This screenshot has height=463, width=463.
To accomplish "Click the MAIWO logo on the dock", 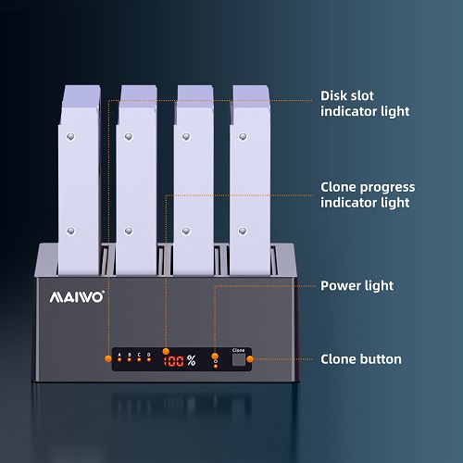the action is pos(77,297).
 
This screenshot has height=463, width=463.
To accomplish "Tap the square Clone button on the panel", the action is pos(239,359).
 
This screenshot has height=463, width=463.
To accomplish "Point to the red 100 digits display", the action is pos(173,361).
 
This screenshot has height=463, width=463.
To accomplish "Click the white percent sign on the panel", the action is pos(191,360).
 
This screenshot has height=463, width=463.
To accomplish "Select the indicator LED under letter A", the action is pos(119,359).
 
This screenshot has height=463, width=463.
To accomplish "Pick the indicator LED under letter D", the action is pos(149,359).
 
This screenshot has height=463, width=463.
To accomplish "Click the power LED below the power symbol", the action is pos(216,366).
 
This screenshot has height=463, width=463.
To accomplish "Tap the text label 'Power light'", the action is pos(357,286).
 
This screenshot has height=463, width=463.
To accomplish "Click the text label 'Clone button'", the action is pos(361,359).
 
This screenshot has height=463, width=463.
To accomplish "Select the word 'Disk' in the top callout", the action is pos(333,95).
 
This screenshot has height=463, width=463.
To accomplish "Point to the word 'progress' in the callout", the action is pos(387,188).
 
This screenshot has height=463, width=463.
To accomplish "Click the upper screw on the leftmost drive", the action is pos(70,136).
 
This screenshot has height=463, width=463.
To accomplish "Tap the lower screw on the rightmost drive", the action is pos(243,231).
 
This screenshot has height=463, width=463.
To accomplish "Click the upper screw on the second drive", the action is pos(129,136).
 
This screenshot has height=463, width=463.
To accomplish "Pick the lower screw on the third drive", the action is pos(186,231).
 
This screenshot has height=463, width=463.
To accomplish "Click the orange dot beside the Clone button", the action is pos(250,359).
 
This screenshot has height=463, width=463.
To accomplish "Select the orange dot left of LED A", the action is pos(108,358).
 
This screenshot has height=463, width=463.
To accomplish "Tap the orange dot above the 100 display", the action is pos(166,351).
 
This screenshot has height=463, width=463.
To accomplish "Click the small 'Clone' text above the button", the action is pos(238,350).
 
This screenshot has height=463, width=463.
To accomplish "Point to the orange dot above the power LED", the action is pos(215,357).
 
